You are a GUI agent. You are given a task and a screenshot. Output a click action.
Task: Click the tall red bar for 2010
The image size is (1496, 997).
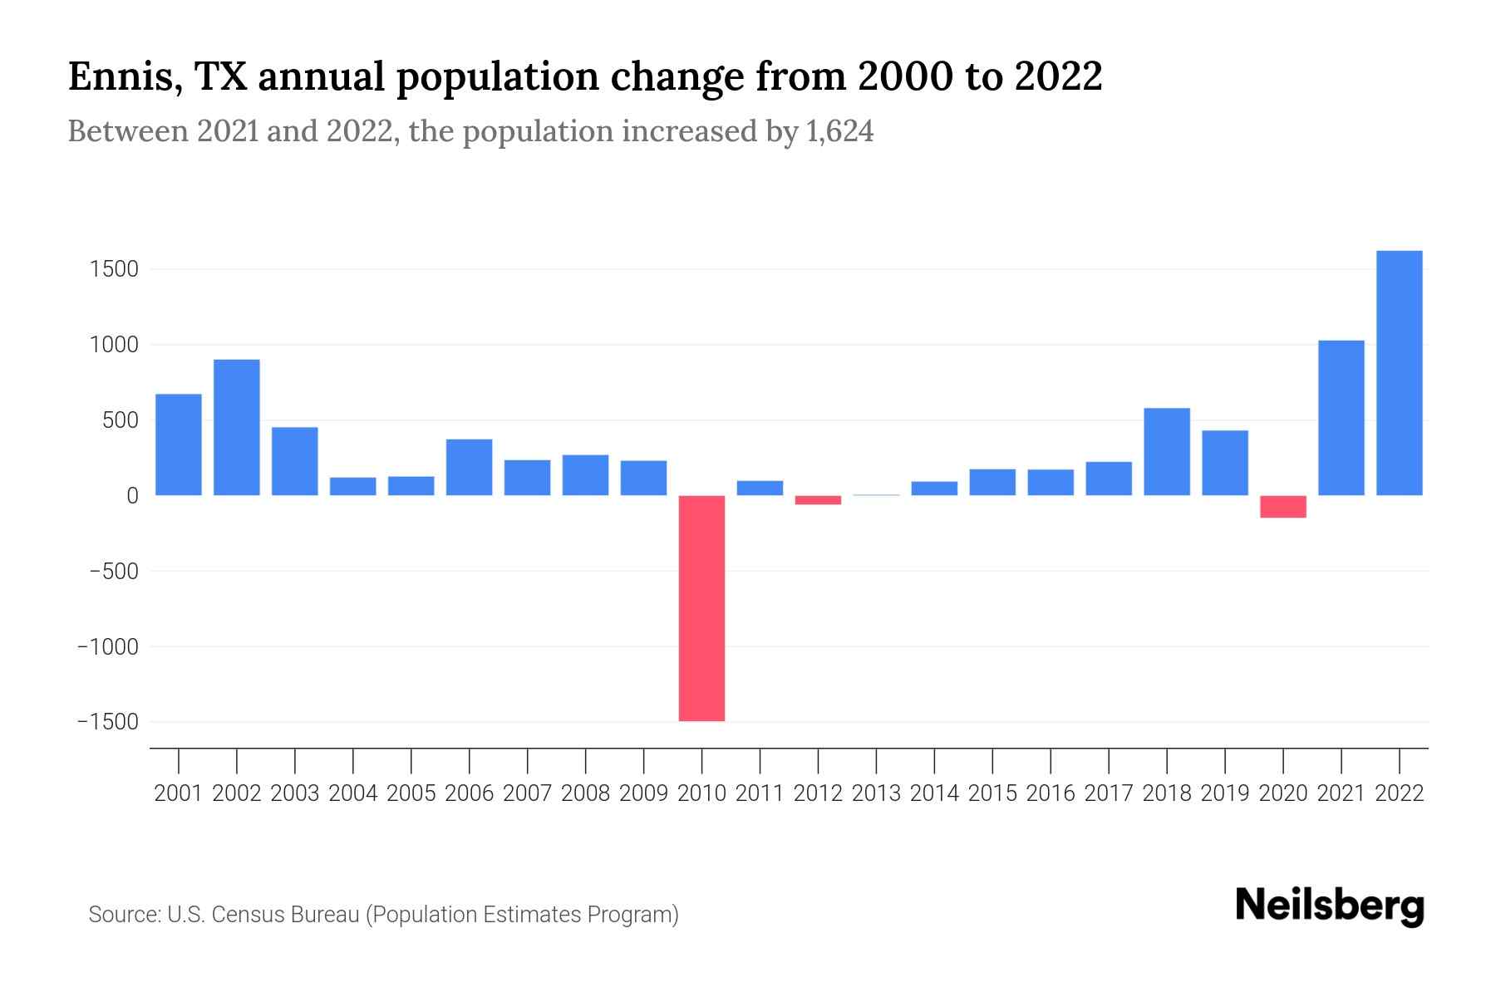click(701, 607)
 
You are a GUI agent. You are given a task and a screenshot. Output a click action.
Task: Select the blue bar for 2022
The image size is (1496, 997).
click(1399, 373)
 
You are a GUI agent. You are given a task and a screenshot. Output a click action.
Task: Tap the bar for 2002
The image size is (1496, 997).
click(237, 427)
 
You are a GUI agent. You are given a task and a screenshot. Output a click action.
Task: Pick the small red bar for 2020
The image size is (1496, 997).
click(1282, 507)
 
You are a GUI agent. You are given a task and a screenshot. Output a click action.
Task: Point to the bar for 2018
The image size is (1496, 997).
click(1166, 452)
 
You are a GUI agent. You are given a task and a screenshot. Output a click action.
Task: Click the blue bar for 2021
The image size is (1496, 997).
click(1341, 418)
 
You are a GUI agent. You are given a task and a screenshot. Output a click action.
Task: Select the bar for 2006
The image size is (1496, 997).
click(469, 467)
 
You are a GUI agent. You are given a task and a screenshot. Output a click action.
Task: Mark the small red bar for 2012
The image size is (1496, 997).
click(818, 500)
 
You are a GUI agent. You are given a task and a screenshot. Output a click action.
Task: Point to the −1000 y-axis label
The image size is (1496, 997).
click(107, 646)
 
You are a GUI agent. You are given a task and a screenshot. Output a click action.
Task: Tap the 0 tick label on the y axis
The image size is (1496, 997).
click(132, 496)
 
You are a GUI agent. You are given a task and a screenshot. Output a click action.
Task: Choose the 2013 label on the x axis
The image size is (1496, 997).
click(876, 793)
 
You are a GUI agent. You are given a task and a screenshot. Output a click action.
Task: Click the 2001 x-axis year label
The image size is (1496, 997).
click(179, 793)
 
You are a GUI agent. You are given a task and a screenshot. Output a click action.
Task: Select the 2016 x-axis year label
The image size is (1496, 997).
click(1051, 793)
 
